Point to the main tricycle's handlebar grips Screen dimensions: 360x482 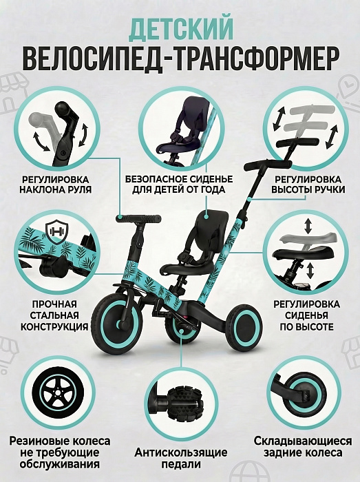coord(138,218)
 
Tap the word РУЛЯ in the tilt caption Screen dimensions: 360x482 coord(78,189)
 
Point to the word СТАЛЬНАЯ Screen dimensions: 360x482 coord(54,315)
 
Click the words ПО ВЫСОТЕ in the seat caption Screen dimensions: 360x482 coord(306,326)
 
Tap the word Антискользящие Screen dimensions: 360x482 coord(181,452)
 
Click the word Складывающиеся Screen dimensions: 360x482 coord(303,441)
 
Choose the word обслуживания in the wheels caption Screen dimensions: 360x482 coord(59,464)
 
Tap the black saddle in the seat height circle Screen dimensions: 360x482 coord(303,254)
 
